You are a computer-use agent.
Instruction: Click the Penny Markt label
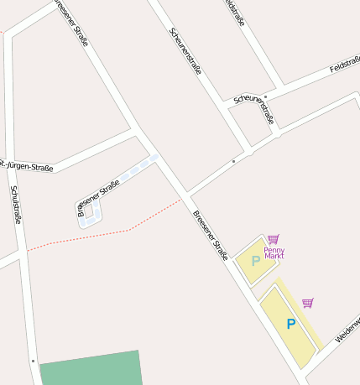274,252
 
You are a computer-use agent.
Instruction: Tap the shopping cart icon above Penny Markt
274,239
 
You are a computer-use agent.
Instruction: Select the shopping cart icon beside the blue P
308,303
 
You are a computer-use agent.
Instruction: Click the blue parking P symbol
291,324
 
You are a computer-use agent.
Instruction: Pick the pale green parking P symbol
256,261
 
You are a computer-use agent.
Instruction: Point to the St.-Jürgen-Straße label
27,165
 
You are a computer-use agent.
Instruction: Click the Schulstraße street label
15,205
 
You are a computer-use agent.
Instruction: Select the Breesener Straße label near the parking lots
211,236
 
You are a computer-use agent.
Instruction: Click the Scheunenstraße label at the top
185,52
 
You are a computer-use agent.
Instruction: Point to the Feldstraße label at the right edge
345,65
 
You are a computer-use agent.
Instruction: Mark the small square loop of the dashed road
89,209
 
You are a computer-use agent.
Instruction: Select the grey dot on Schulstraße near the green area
33,361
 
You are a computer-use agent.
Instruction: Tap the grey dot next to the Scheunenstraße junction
233,160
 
